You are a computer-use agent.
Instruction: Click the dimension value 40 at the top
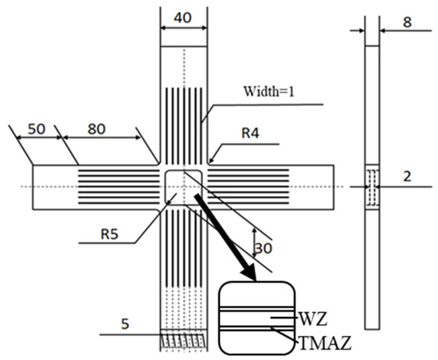[182, 18]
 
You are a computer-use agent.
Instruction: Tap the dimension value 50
[37, 129]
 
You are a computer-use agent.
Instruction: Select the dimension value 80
[96, 129]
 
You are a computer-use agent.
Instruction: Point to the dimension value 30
[263, 248]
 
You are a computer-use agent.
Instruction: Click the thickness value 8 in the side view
[407, 22]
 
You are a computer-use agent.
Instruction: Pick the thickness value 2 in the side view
[407, 177]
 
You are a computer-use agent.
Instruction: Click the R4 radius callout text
[250, 133]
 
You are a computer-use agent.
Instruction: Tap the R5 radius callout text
[110, 234]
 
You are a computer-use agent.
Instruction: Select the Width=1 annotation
[268, 92]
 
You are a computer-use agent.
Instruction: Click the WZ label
[313, 319]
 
